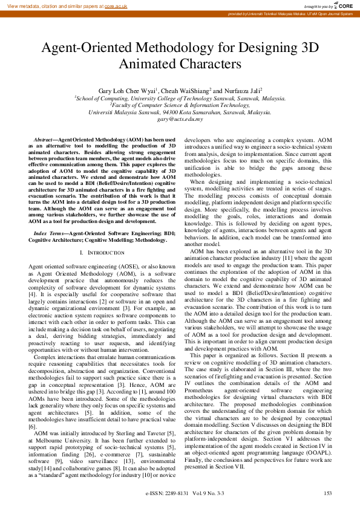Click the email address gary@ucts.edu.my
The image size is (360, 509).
(180, 119)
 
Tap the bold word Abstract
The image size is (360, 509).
(43, 140)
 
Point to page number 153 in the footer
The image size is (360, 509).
(327, 494)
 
